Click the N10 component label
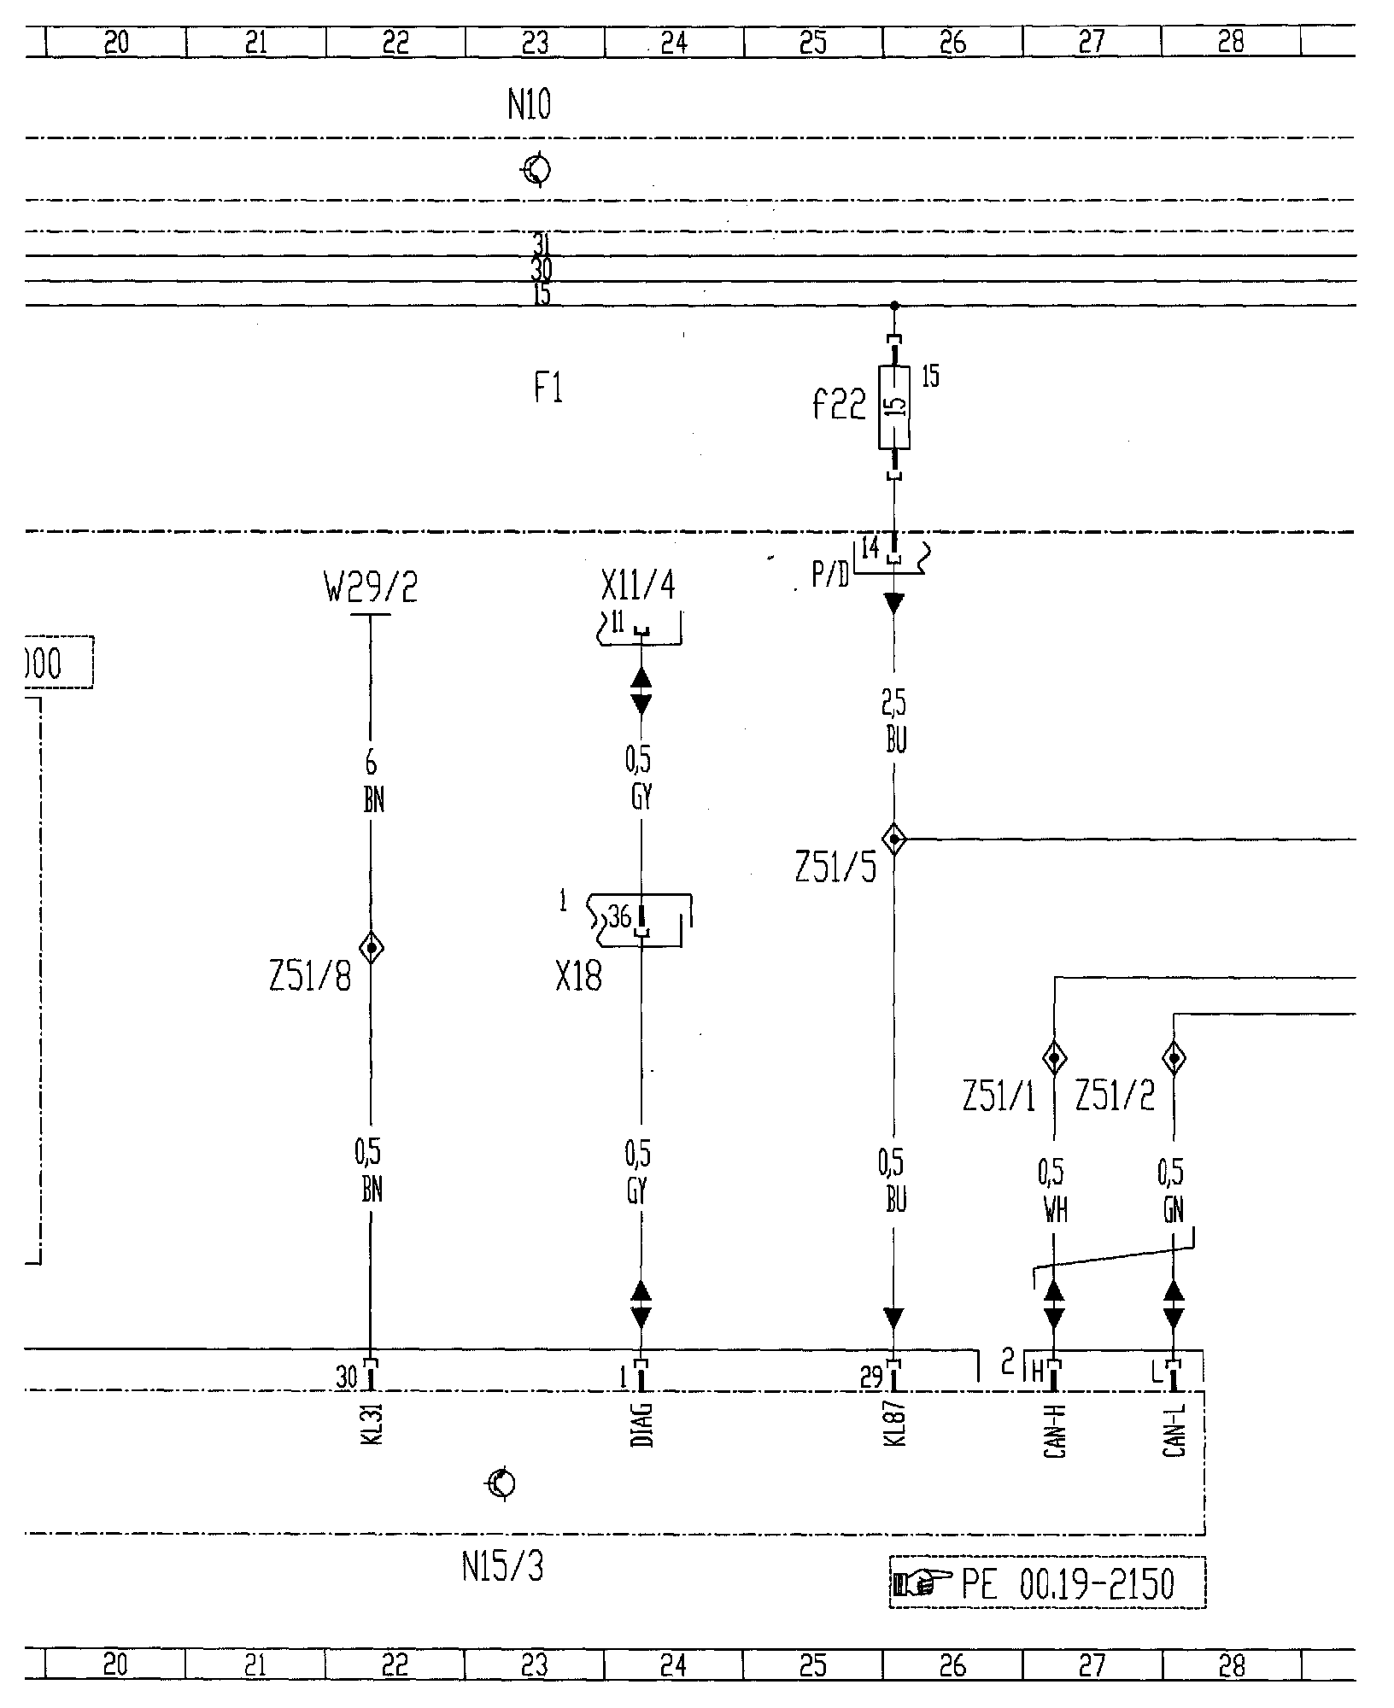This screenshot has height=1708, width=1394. tap(529, 106)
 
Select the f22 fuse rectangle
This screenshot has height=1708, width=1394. tap(893, 407)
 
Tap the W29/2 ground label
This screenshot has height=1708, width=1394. tap(371, 588)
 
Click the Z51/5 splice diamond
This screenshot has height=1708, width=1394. tap(893, 839)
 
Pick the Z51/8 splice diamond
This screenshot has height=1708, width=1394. tap(371, 947)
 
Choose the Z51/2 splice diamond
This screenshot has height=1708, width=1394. tap(1174, 1059)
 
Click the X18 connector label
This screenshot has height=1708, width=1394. tap(578, 977)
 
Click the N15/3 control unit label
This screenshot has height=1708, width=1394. tap(502, 1568)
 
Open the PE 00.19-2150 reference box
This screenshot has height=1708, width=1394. tap(1047, 1584)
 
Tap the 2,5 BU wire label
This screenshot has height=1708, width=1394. tap(894, 722)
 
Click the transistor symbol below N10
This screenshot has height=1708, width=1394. tap(536, 170)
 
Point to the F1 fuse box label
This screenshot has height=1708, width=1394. tap(548, 389)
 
